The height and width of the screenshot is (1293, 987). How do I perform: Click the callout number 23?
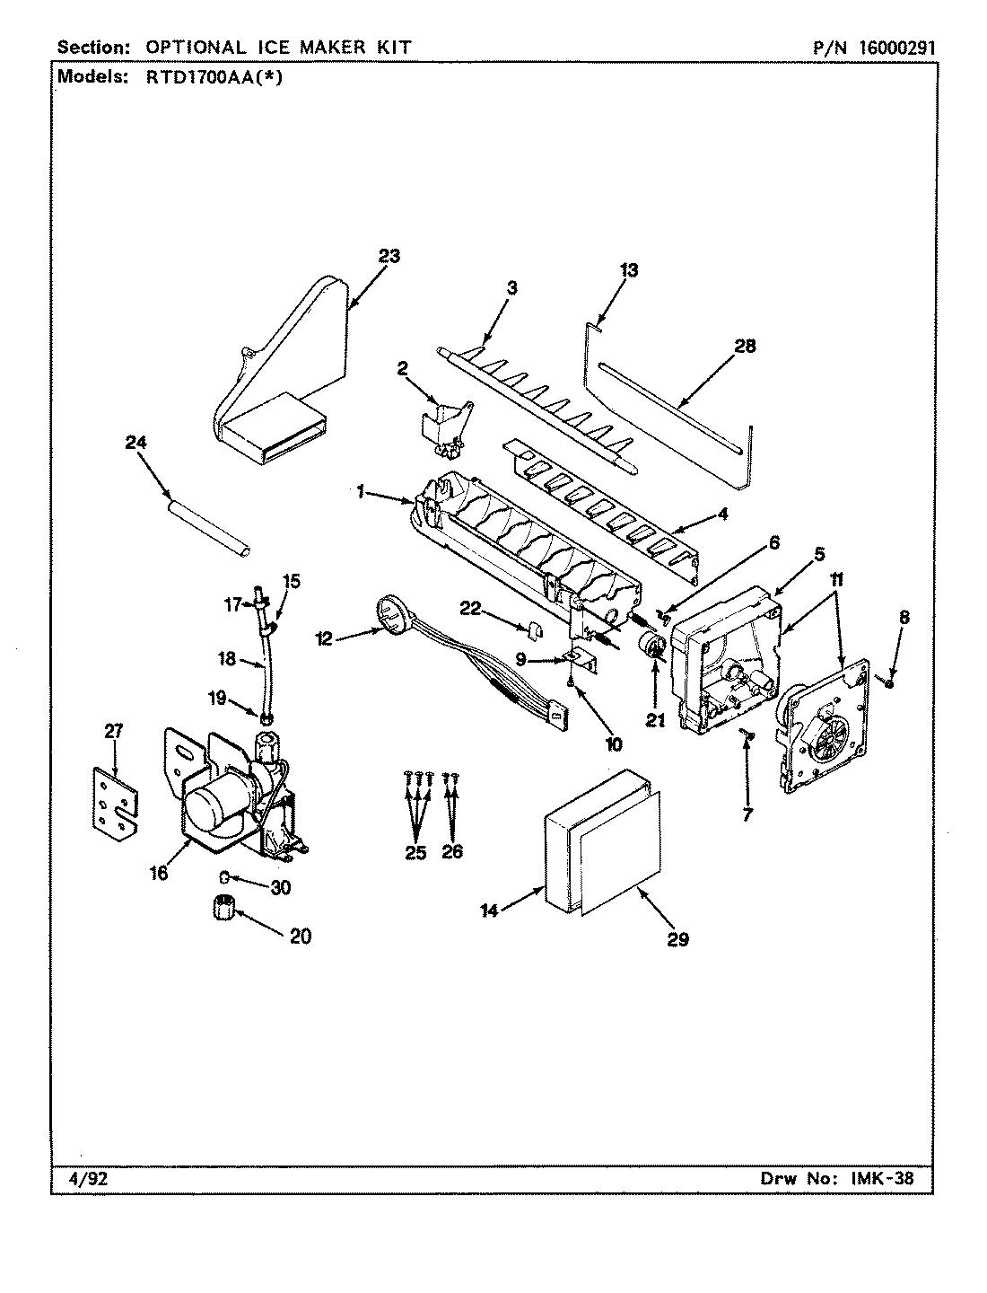coord(388,256)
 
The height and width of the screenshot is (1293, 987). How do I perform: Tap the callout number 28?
coord(745,346)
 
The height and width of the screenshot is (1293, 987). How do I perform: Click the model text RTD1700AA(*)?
coord(213,76)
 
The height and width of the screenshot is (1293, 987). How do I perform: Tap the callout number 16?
coord(159,872)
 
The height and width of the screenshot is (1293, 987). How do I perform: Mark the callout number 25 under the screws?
coord(415,852)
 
